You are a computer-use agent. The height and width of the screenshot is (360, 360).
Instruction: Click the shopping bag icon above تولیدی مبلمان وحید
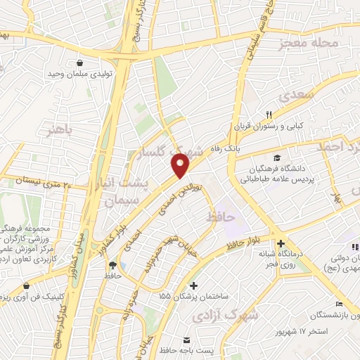[79, 63]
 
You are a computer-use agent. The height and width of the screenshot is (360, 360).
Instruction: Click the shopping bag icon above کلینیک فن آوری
[27, 287]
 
